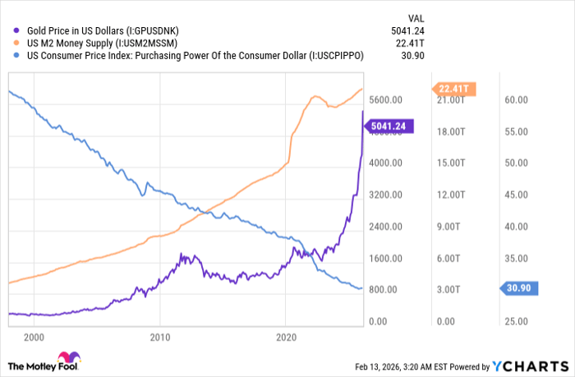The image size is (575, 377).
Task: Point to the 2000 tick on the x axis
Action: coord(34,338)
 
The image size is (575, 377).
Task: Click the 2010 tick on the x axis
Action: coord(159,338)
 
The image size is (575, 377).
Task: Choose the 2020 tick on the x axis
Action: coord(286,338)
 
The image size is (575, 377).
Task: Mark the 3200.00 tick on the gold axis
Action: coord(386,195)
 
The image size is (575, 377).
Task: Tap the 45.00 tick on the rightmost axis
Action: coord(515,195)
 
